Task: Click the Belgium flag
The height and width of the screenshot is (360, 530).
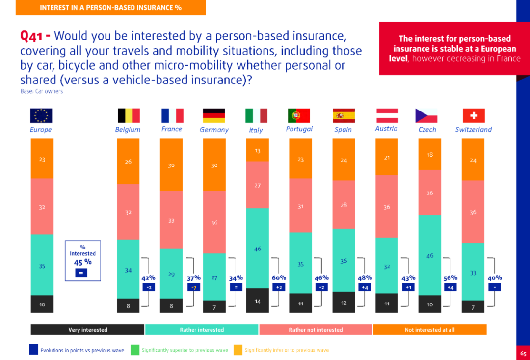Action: coord(129,115)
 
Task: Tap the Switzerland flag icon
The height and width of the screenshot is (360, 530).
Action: coord(473,115)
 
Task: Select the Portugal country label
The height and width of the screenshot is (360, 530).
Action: coord(299,129)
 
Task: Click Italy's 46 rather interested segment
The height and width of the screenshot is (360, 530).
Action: coord(258,248)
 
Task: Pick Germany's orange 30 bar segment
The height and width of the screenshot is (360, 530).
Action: coord(214,165)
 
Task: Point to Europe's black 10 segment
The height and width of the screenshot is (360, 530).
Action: coord(42,304)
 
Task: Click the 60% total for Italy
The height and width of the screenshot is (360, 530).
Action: coord(279,278)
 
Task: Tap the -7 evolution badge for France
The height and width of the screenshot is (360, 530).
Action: coord(194,287)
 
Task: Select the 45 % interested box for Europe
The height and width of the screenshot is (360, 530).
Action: coord(82,260)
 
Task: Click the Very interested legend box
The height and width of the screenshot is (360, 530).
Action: coord(87,330)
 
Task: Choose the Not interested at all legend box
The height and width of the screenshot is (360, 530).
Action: coord(429,330)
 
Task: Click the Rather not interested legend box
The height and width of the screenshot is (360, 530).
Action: coord(316,330)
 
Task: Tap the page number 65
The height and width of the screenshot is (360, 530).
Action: coord(523,353)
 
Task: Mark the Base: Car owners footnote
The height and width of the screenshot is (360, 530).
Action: coord(41,91)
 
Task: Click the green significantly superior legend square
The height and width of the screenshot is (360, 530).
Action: coord(134,350)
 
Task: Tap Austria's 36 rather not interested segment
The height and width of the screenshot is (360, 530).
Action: coord(387,207)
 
